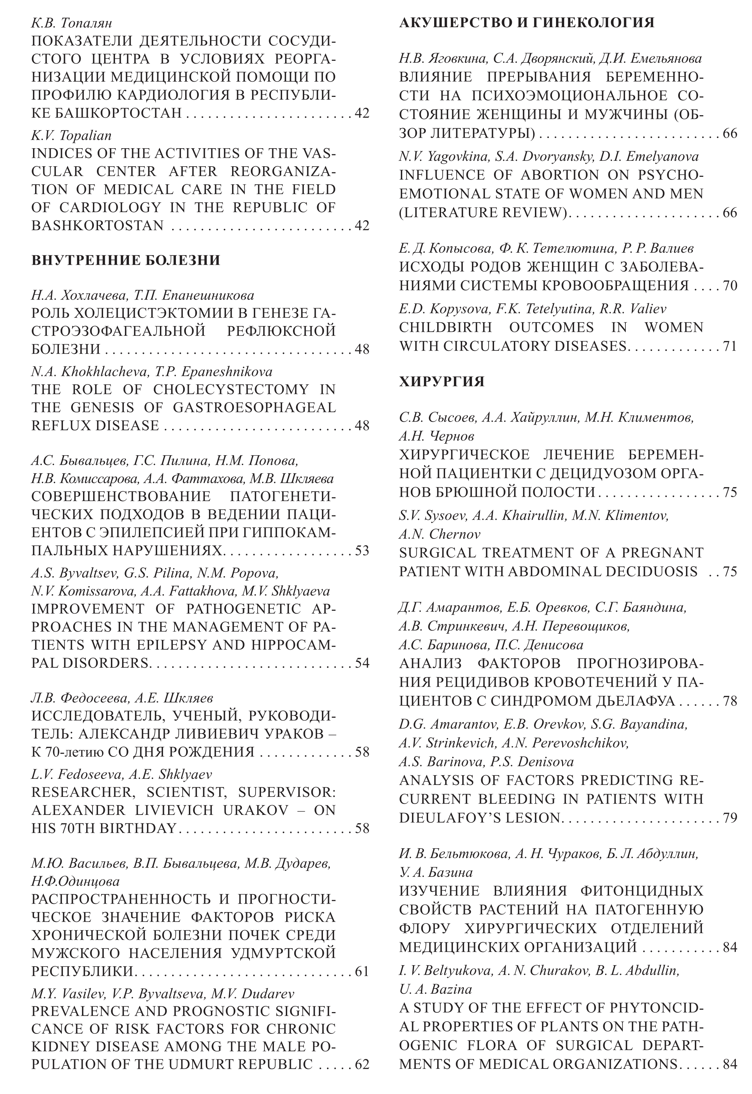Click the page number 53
[x=362, y=550]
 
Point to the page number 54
[x=362, y=663]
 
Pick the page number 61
[x=362, y=971]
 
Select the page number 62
[x=362, y=1064]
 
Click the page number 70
[x=730, y=285]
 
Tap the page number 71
[x=730, y=346]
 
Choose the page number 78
[x=730, y=701]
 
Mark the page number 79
[x=730, y=818]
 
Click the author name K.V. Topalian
[x=71, y=136]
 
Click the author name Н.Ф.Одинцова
[x=76, y=881]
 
